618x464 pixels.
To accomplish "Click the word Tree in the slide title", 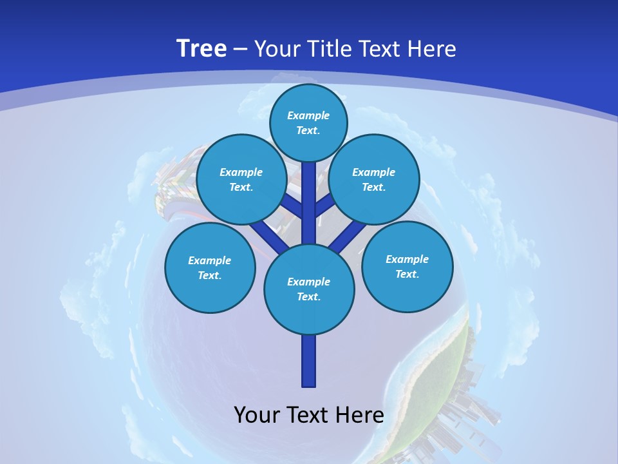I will click(201, 48).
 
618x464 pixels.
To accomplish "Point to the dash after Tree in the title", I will click(240, 50).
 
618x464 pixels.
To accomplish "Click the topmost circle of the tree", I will click(308, 122).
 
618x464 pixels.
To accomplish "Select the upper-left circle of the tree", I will click(241, 180).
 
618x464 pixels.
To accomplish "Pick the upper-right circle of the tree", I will click(374, 180).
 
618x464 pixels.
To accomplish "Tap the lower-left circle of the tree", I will click(210, 267).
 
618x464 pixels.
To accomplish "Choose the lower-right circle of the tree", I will click(407, 266).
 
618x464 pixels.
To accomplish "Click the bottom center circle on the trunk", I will click(309, 289).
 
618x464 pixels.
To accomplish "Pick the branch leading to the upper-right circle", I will click(325, 205).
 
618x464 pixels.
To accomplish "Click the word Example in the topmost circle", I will click(308, 115).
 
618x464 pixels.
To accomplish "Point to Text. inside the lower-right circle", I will click(407, 274).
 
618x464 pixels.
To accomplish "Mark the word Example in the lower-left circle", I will click(210, 260).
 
